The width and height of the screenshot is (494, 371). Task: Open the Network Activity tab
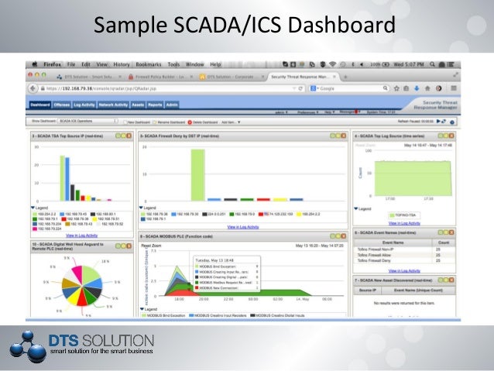(113, 104)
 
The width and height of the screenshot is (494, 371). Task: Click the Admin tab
(172, 104)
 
